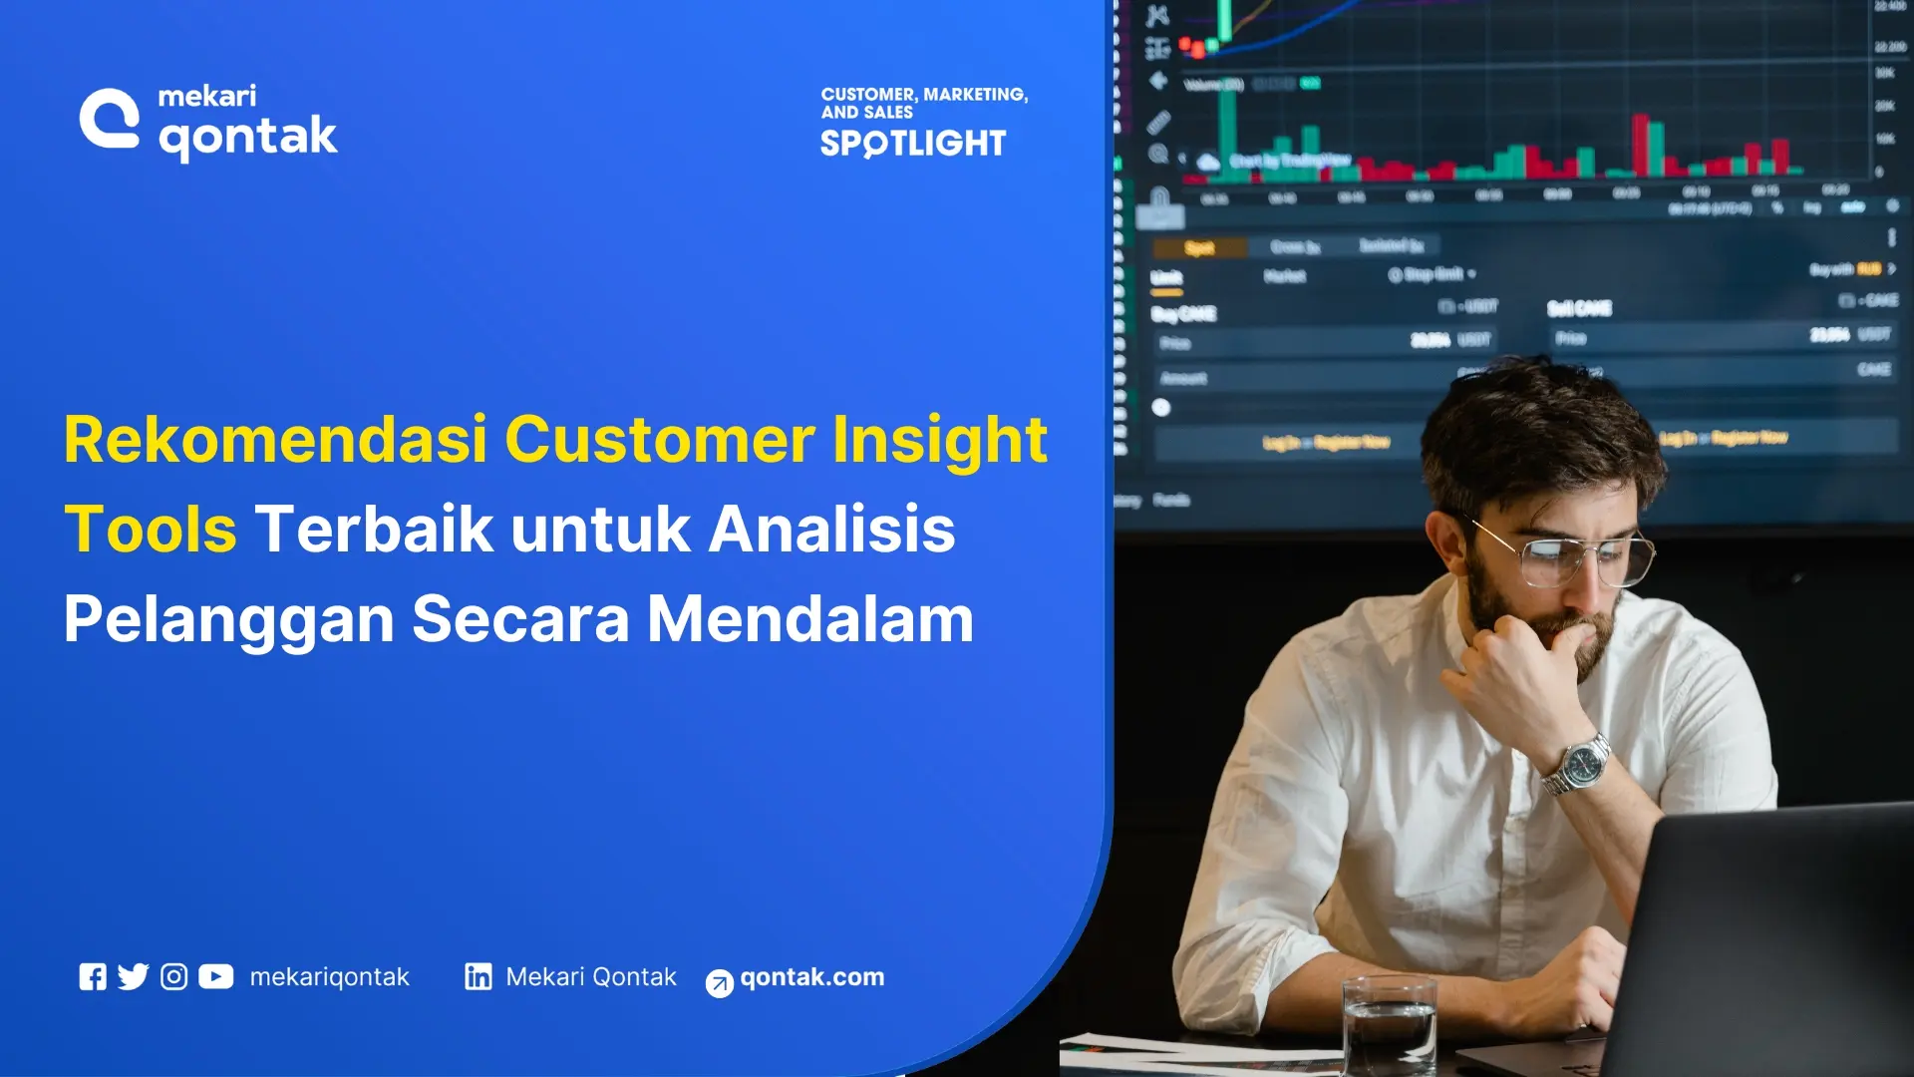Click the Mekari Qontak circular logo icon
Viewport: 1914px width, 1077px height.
(110, 120)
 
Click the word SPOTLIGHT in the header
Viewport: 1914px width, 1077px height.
(912, 144)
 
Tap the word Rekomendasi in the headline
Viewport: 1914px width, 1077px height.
(275, 439)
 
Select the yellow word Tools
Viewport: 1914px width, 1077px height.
(151, 529)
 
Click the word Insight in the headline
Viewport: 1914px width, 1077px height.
(939, 439)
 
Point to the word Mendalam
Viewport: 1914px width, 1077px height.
(809, 618)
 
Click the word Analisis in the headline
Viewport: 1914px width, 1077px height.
(831, 529)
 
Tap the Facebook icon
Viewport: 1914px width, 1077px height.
(93, 976)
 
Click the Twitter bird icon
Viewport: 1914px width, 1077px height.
(133, 976)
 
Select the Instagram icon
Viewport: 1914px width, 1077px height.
(173, 976)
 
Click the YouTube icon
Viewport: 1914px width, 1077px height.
(215, 976)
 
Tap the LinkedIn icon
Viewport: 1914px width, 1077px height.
(478, 976)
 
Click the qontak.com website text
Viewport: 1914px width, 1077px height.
(811, 976)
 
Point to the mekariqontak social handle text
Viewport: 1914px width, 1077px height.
(329, 976)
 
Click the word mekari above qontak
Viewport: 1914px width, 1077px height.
(206, 96)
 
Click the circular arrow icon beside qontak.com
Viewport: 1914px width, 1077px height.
(719, 983)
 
